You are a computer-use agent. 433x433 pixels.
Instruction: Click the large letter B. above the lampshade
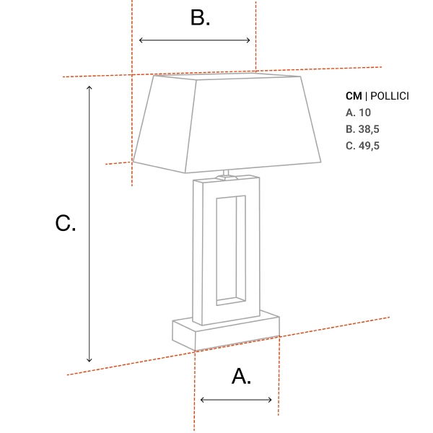tap(200, 18)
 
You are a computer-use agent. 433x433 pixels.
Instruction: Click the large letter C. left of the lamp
tap(65, 224)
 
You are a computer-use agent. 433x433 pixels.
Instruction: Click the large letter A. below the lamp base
tap(241, 376)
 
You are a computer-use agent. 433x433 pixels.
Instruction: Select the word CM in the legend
tap(354, 96)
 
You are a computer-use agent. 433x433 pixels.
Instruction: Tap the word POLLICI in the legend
tap(390, 96)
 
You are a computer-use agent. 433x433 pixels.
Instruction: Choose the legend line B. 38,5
tap(362, 129)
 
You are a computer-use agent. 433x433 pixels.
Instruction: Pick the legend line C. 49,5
tap(362, 146)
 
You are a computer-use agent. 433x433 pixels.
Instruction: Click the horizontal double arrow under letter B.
tap(195, 40)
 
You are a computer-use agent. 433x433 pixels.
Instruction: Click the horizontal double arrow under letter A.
tap(237, 400)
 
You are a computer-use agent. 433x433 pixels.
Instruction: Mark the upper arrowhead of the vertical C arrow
tap(89, 87)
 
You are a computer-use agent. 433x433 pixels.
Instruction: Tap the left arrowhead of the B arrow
tap(141, 40)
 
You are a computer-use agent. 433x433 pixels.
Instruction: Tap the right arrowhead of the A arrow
tap(270, 400)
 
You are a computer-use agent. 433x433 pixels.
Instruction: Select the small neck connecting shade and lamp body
tap(226, 174)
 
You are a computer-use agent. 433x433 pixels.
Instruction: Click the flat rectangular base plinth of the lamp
tap(225, 332)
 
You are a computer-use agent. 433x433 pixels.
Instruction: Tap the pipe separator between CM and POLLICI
tap(366, 96)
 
